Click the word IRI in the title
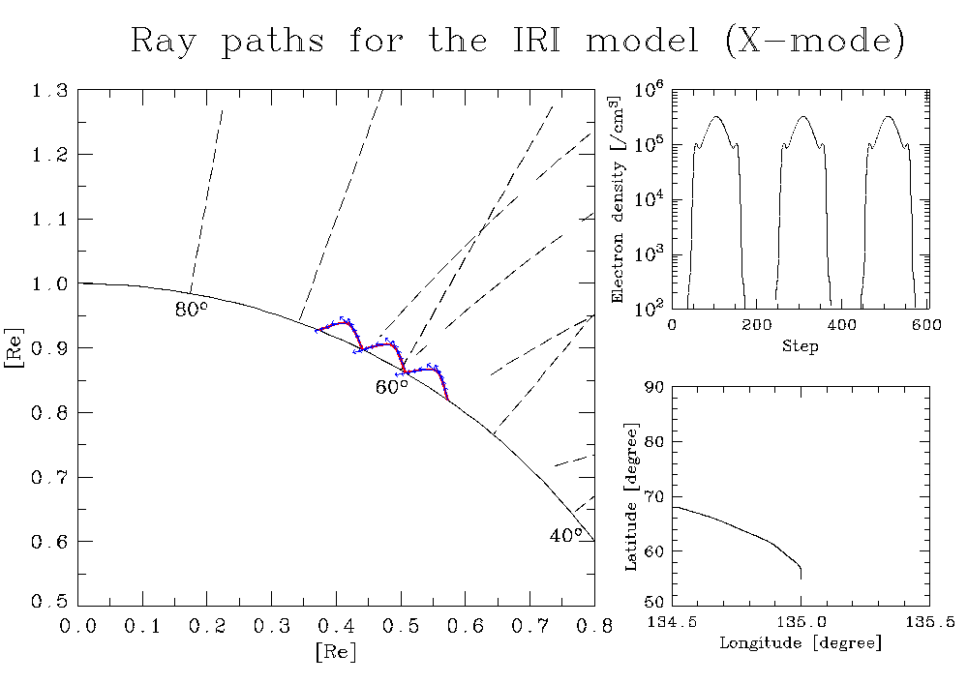[536, 40]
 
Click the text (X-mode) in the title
[815, 42]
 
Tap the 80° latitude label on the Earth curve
[192, 309]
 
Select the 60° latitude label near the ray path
[392, 387]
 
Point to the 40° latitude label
[566, 535]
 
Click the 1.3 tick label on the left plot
[50, 91]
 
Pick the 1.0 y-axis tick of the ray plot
[50, 283]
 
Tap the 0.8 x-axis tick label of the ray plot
[594, 626]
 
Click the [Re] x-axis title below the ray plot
[336, 651]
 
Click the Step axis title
[801, 346]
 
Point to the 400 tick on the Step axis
[842, 324]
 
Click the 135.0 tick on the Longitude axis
[801, 621]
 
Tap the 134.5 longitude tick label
[672, 621]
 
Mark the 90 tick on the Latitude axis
[654, 387]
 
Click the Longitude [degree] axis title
[801, 642]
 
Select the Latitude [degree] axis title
[631, 497]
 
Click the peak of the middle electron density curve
[802, 116]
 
